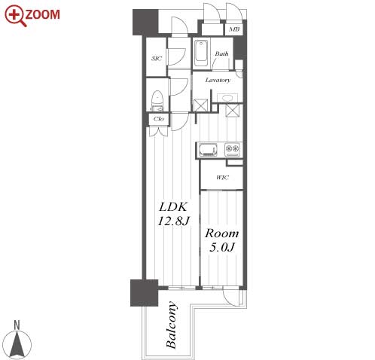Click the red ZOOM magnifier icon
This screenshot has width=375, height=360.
[x=15, y=16]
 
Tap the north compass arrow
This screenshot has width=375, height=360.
[x=17, y=344]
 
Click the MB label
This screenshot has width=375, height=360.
[x=234, y=29]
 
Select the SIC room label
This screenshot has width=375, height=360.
[x=157, y=59]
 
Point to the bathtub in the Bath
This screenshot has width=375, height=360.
[x=201, y=53]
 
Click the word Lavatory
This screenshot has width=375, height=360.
[x=218, y=80]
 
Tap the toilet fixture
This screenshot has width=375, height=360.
[x=157, y=101]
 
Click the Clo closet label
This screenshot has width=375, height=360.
[x=159, y=118]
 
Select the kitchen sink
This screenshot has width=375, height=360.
[x=208, y=150]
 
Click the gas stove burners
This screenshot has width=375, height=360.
[x=233, y=150]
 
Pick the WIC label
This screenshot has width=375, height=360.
[x=222, y=178]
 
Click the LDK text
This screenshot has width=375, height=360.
[x=173, y=207]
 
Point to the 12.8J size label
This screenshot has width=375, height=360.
[x=173, y=221]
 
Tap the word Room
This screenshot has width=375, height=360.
[x=222, y=233]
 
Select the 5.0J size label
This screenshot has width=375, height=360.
[x=222, y=247]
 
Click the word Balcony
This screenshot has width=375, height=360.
[x=172, y=325]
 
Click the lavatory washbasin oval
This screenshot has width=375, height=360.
[x=227, y=98]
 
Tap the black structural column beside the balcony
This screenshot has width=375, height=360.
[x=144, y=293]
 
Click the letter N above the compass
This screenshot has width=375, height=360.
[x=17, y=325]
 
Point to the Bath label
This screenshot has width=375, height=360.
[x=221, y=53]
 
